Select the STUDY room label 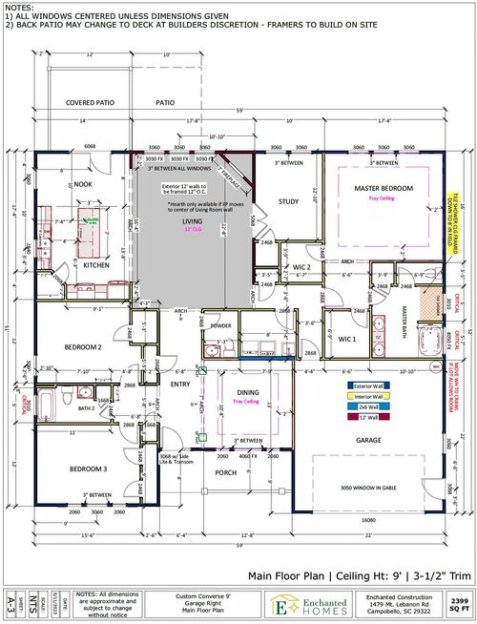click(289, 201)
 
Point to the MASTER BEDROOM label click(384, 189)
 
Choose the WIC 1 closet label click(347, 338)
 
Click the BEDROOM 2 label click(83, 347)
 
